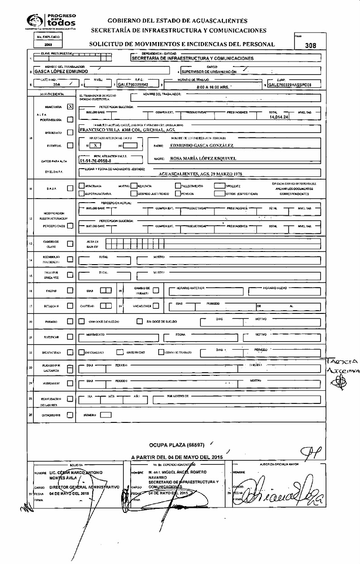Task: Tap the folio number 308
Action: [x=311, y=45]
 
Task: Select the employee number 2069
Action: [x=47, y=45]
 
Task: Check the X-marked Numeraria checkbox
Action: [x=70, y=107]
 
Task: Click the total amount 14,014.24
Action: [x=279, y=117]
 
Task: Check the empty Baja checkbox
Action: [x=70, y=189]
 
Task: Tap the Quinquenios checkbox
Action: [x=70, y=414]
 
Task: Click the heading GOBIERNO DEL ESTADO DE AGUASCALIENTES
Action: [x=177, y=21]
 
